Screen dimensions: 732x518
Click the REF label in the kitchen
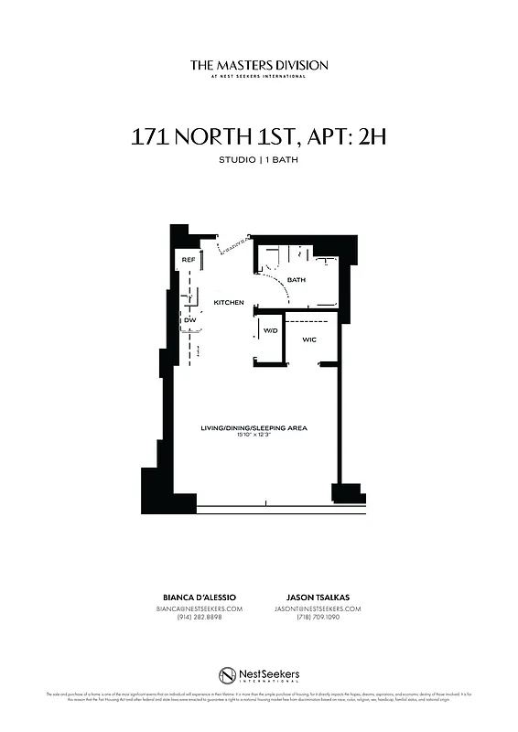coord(189,260)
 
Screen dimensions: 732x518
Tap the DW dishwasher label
coord(189,320)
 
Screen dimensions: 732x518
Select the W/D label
coord(271,330)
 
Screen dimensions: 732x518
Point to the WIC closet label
coord(309,339)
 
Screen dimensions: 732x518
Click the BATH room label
coord(297,280)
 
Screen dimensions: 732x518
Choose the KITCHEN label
coord(229,302)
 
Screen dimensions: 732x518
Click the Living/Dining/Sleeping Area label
coord(254,427)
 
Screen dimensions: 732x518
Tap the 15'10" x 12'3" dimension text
coord(254,435)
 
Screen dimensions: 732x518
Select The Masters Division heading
coord(259,65)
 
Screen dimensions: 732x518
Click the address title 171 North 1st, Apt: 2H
coord(259,138)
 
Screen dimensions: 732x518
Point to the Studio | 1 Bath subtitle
coord(259,161)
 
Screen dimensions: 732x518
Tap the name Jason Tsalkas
coord(318,597)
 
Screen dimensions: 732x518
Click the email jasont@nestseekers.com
coord(318,608)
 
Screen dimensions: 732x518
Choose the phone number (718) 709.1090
coord(318,618)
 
